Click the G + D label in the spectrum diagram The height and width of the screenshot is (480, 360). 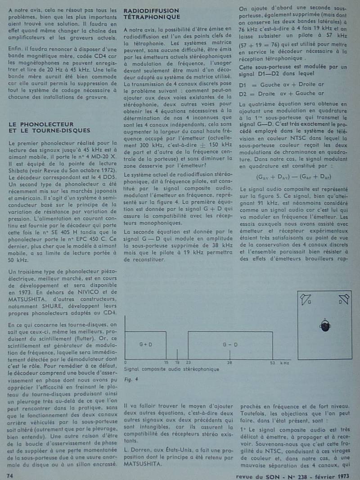point(145,344)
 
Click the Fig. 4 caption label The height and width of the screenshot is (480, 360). point(130,380)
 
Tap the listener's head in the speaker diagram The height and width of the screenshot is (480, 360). point(325,325)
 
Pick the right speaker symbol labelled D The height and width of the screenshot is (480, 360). point(344,298)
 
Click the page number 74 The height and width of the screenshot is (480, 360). point(9,475)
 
